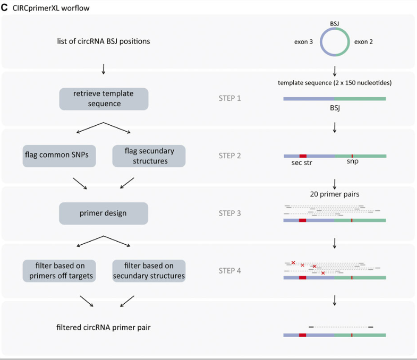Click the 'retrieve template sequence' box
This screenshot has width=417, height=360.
click(x=104, y=99)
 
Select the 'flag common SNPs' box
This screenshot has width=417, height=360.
click(x=57, y=156)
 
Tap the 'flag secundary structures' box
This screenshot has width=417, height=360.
click(x=149, y=156)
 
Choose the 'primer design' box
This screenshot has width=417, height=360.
click(x=104, y=213)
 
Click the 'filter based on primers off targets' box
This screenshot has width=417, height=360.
click(x=58, y=271)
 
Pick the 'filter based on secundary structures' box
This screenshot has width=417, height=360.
click(x=149, y=271)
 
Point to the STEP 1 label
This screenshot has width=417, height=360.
click(x=229, y=99)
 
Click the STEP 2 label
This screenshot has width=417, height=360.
click(x=229, y=156)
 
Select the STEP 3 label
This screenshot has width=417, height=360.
click(x=229, y=213)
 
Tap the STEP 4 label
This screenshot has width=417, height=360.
click(x=229, y=271)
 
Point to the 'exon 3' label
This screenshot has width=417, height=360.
click(x=303, y=41)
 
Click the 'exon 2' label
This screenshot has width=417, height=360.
click(x=363, y=41)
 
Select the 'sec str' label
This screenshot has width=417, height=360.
click(x=301, y=163)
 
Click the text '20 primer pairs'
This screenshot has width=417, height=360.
click(x=335, y=194)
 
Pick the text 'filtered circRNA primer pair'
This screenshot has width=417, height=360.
click(x=104, y=328)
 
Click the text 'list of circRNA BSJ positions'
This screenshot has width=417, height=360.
click(x=104, y=41)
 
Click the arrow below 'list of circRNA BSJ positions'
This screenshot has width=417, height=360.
click(x=104, y=68)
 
